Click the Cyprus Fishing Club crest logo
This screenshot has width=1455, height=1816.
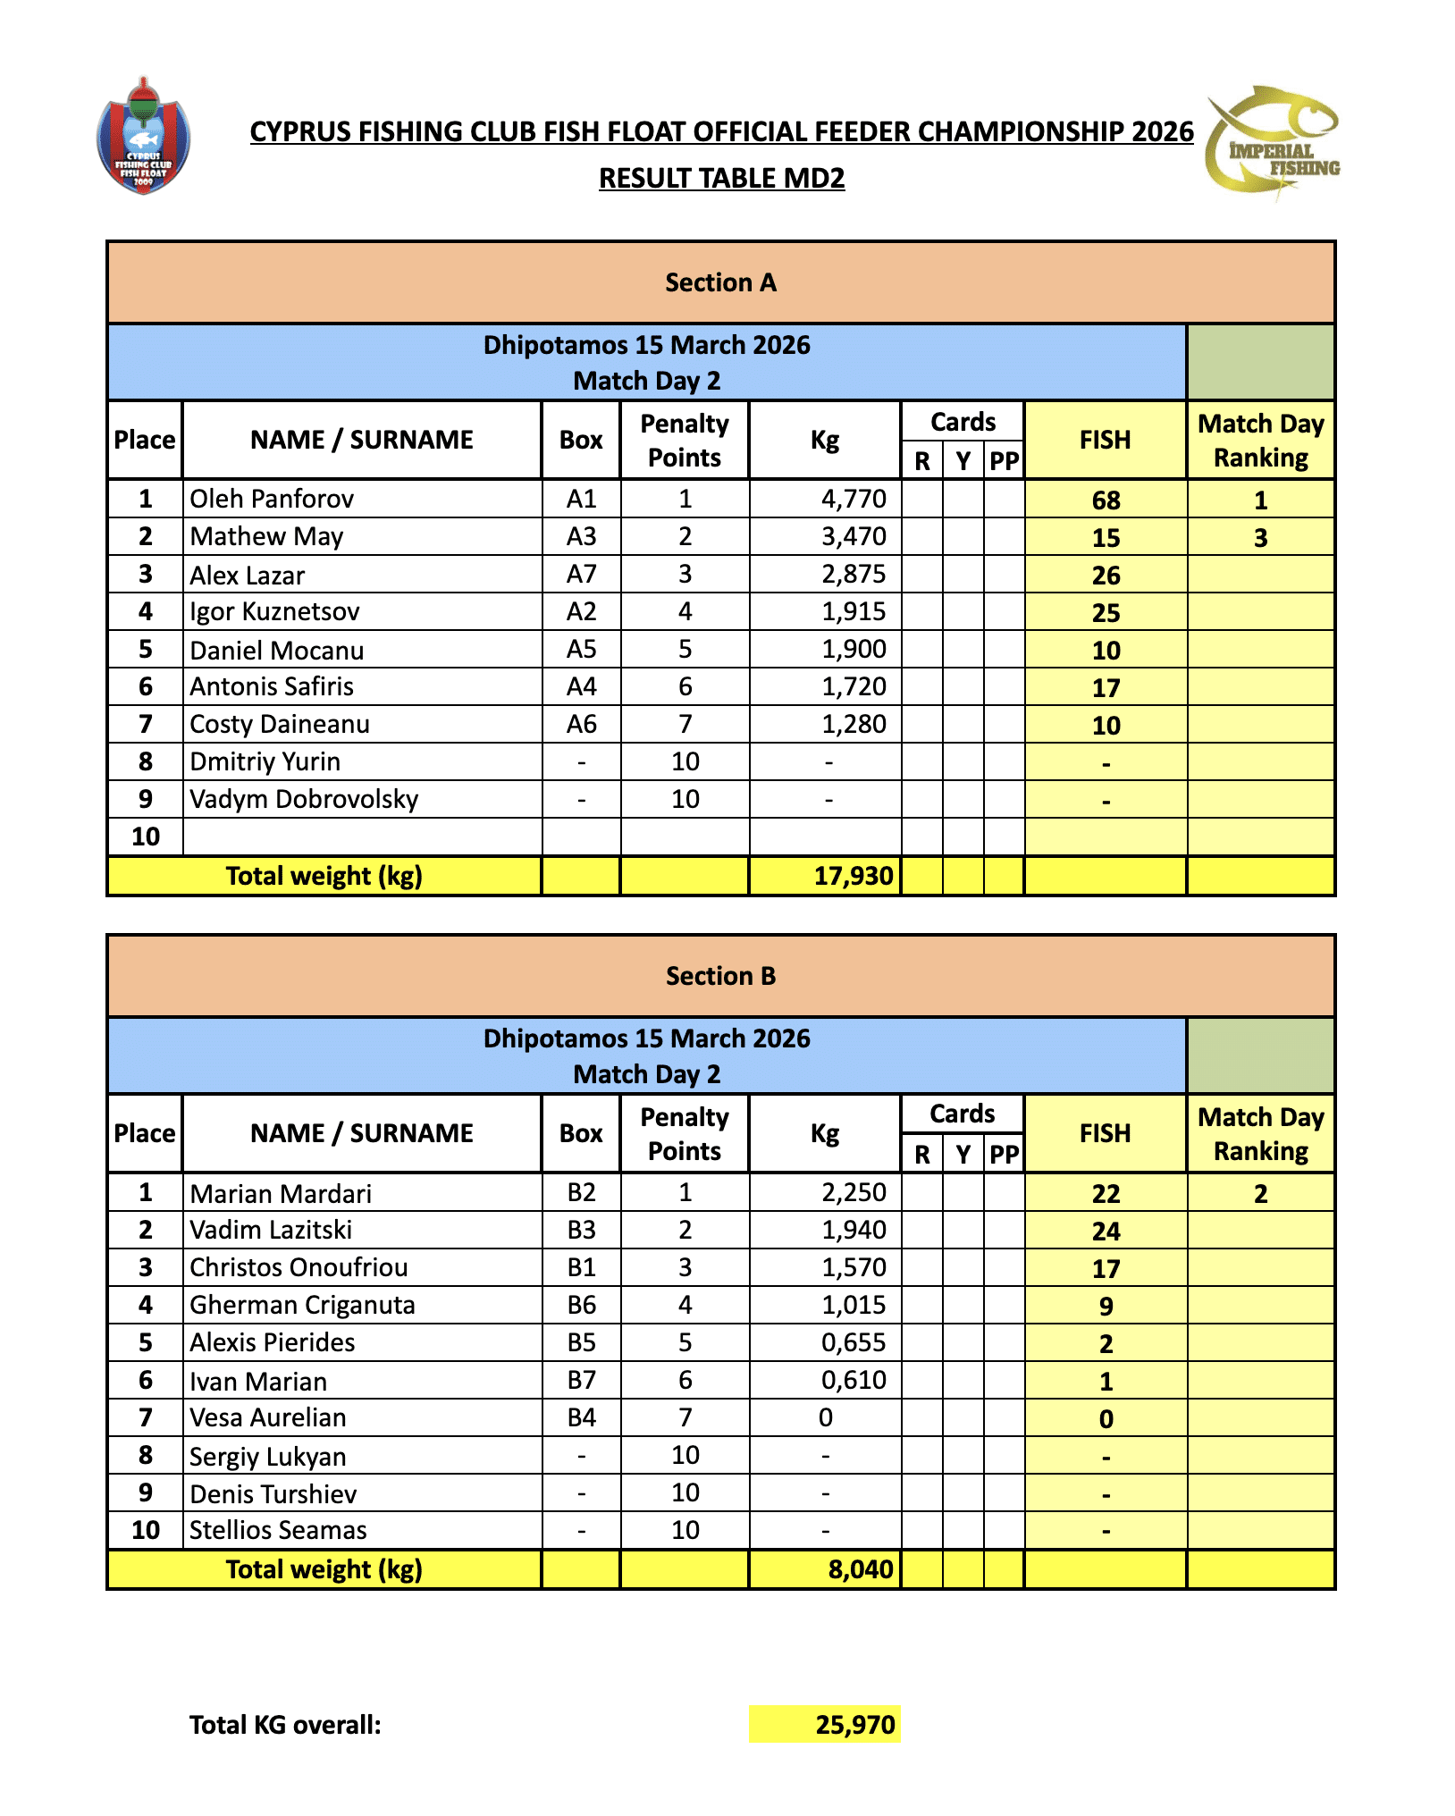(143, 137)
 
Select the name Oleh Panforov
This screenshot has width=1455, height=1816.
(272, 499)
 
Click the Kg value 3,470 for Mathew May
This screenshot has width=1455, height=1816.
(854, 536)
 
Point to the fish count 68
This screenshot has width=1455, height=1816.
(1106, 500)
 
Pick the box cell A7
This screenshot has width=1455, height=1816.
(581, 575)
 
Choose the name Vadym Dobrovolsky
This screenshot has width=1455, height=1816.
(304, 799)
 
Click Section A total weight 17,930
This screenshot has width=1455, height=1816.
(853, 876)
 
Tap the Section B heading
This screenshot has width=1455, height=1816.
(720, 976)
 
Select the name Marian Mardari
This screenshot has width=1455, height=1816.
(281, 1194)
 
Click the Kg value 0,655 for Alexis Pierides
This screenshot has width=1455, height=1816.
(854, 1342)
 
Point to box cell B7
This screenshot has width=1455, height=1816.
(581, 1381)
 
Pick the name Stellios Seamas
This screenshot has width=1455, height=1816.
(278, 1530)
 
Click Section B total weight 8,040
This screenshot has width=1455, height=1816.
(860, 1569)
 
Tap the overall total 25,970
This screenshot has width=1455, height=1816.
(854, 1725)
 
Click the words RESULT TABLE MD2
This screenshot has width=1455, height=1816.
(721, 179)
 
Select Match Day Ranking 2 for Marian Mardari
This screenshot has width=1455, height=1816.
(1260, 1194)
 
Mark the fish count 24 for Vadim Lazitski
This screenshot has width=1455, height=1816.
(1106, 1232)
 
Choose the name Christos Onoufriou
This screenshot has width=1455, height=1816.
(299, 1267)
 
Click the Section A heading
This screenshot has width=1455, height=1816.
(720, 282)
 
